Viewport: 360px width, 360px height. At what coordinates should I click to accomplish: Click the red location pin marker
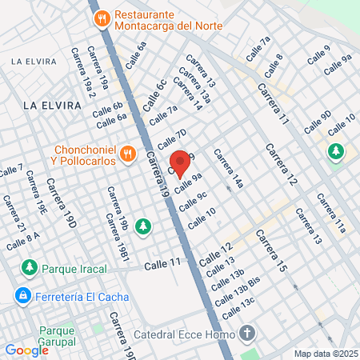(x=182, y=162)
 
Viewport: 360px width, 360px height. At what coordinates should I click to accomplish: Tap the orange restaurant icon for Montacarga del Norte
(x=102, y=18)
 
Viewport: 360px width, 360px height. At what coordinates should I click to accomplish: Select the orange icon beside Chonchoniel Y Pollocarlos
(x=126, y=153)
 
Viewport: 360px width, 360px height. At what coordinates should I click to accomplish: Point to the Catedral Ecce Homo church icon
(x=249, y=332)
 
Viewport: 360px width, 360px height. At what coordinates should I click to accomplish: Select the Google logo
(x=26, y=350)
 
